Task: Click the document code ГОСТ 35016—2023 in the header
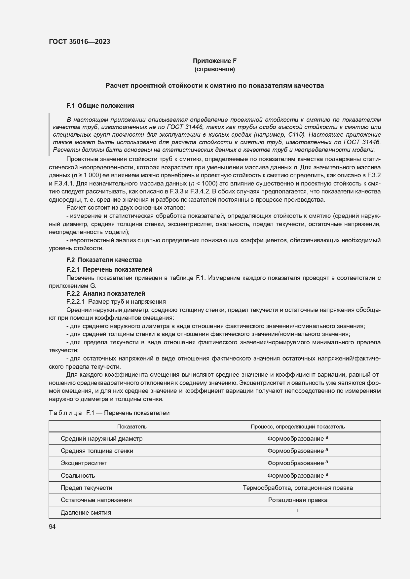[x=79, y=42]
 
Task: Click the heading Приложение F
[x=215, y=61]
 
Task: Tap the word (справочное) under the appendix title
[x=215, y=69]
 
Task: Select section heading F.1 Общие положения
[x=100, y=106]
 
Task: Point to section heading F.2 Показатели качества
[x=104, y=260]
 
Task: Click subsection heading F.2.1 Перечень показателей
[x=109, y=270]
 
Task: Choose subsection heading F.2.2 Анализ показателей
[x=106, y=293]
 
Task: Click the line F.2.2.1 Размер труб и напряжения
[x=116, y=301]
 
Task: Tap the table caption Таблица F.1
[x=109, y=413]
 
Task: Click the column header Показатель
[x=132, y=426]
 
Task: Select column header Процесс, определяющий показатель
[x=297, y=426]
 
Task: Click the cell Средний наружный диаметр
[x=101, y=439]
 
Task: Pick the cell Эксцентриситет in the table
[x=84, y=463]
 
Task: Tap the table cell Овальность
[x=78, y=476]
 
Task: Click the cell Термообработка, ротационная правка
[x=297, y=488]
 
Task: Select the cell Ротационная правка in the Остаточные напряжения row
[x=297, y=500]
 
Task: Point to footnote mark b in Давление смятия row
[x=298, y=511]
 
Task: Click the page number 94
[x=52, y=527]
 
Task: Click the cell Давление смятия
[x=86, y=513]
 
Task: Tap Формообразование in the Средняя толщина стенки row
[x=295, y=451]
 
